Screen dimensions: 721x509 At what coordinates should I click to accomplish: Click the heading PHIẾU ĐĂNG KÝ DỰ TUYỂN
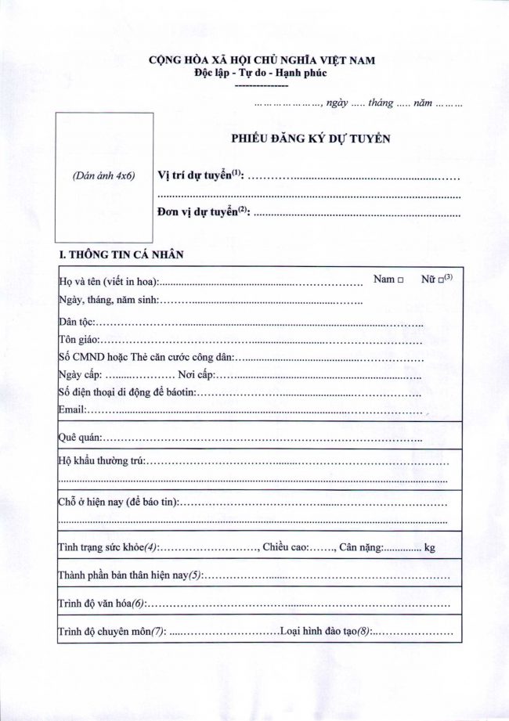click(x=310, y=138)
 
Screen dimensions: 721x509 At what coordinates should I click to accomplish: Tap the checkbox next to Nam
click(x=400, y=279)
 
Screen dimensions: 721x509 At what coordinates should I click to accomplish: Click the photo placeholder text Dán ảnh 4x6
click(x=103, y=176)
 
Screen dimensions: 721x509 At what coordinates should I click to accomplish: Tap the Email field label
click(x=72, y=409)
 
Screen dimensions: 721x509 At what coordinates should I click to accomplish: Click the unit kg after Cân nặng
click(x=429, y=548)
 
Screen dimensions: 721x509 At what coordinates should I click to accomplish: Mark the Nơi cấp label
click(x=196, y=375)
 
